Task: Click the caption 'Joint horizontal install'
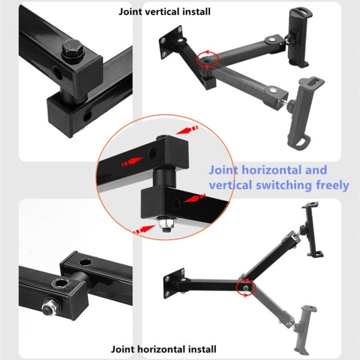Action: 164,349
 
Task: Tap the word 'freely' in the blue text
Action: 331,185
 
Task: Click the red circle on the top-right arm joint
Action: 207,59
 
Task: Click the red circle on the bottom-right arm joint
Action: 246,287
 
